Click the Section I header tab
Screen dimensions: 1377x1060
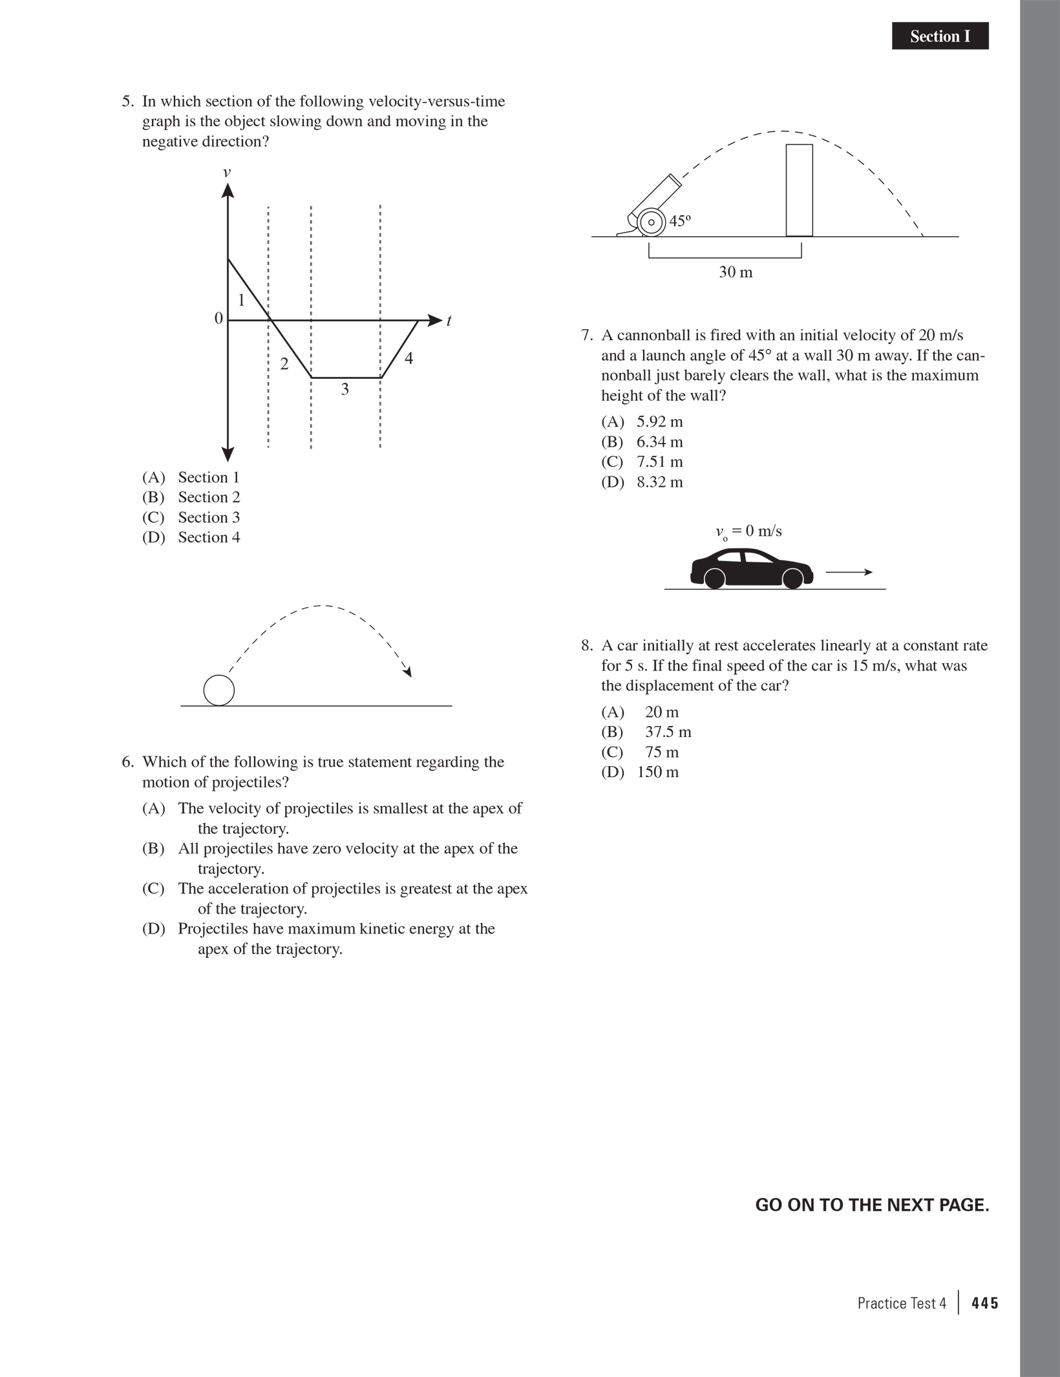940,36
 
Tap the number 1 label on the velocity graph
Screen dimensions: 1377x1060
241,300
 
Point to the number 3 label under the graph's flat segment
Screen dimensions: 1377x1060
344,389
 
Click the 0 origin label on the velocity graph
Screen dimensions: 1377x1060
218,318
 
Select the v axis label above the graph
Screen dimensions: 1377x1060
227,172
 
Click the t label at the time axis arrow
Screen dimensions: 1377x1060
449,321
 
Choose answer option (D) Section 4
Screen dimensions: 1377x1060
191,537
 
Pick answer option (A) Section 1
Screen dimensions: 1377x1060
191,477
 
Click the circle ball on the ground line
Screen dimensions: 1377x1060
219,690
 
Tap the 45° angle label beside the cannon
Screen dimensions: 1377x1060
680,221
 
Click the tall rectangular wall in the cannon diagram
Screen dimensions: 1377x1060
799,190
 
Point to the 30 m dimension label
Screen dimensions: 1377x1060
736,272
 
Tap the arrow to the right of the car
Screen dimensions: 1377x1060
849,572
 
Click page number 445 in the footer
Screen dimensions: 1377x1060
985,1303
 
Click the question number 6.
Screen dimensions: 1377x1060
127,762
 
